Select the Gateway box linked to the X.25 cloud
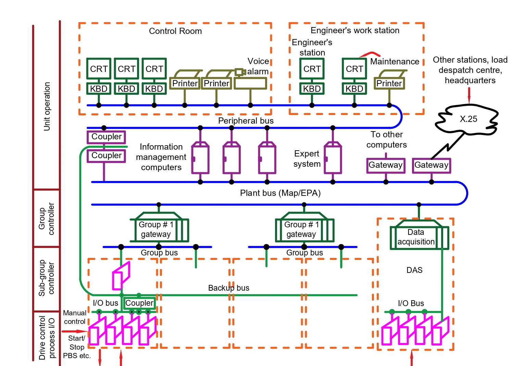[431, 165]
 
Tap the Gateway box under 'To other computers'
[386, 165]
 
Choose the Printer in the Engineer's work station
[389, 83]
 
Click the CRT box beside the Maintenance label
[354, 69]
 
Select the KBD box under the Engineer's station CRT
[312, 89]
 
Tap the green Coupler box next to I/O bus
[139, 303]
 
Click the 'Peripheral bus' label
[246, 121]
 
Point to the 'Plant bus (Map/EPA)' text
[280, 193]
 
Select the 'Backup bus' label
[228, 288]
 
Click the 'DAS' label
[414, 270]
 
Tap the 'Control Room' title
[175, 31]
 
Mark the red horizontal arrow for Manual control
[74, 331]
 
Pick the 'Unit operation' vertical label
[47, 106]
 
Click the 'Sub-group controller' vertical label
[46, 278]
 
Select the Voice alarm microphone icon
[240, 72]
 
